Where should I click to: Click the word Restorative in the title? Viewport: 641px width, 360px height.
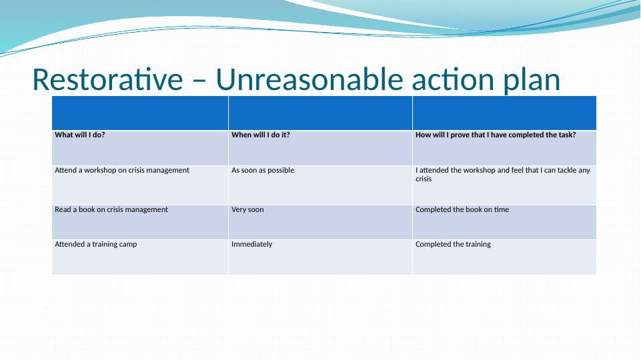coord(107,79)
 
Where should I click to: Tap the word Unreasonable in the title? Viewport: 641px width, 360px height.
coord(309,79)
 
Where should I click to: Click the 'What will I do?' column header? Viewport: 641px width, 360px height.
coord(80,135)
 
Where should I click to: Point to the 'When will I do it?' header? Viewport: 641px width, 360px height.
coord(260,135)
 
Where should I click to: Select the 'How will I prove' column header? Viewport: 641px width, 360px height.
coord(496,135)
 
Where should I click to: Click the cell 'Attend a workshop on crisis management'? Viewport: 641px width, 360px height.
coord(122,170)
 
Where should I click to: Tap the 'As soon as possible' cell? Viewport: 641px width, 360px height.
coord(262,170)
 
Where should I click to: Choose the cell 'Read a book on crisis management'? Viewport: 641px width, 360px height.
coord(111,209)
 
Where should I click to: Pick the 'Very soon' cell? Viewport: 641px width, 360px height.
coord(247,209)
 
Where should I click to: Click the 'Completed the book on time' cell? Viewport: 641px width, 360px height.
coord(462,209)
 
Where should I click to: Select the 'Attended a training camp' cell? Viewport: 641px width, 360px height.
coord(95,244)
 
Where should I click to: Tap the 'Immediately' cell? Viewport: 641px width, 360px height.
coord(251,245)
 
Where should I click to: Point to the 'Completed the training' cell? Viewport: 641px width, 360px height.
coord(453,244)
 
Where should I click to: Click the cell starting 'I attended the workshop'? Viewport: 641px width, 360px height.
coord(502,175)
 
